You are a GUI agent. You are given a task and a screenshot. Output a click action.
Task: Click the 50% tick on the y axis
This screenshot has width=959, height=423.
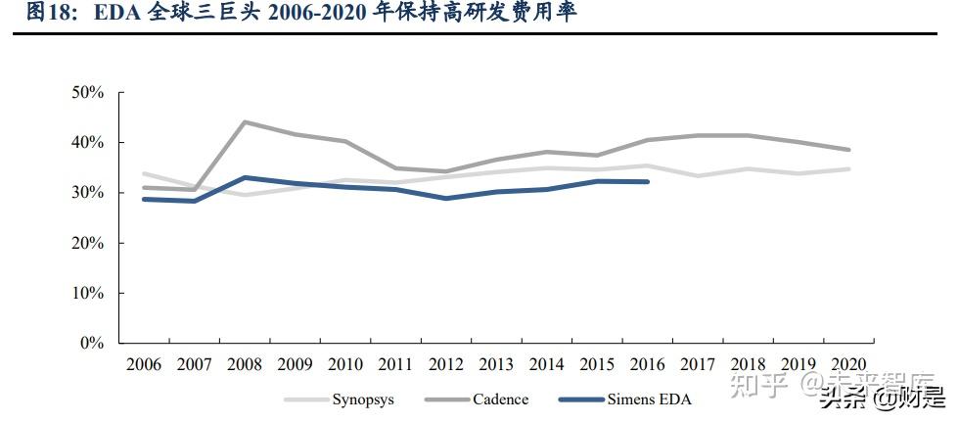88,92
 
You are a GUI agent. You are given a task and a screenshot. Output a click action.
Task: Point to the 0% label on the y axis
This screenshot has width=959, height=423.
92,344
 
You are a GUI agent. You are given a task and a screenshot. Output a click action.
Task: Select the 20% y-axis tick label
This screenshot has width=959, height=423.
88,243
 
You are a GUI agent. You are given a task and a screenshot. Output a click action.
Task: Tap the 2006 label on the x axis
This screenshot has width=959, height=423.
144,364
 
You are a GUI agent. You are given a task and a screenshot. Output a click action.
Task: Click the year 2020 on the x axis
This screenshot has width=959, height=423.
846,364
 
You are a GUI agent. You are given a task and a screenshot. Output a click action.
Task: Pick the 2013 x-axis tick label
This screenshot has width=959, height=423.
495,364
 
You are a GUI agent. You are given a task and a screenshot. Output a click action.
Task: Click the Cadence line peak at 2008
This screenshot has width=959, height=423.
245,122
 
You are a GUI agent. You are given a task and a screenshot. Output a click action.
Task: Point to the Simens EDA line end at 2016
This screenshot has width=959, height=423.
646,181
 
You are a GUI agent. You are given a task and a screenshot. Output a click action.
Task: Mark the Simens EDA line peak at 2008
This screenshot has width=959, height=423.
245,177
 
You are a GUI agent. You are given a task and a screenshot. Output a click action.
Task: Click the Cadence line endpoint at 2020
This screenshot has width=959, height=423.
847,150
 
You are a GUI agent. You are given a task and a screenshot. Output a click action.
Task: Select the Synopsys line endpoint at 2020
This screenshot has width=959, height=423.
847,169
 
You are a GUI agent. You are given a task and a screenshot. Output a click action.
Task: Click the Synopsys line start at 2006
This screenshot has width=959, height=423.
144,173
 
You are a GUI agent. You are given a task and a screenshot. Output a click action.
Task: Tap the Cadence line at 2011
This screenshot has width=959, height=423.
395,168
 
